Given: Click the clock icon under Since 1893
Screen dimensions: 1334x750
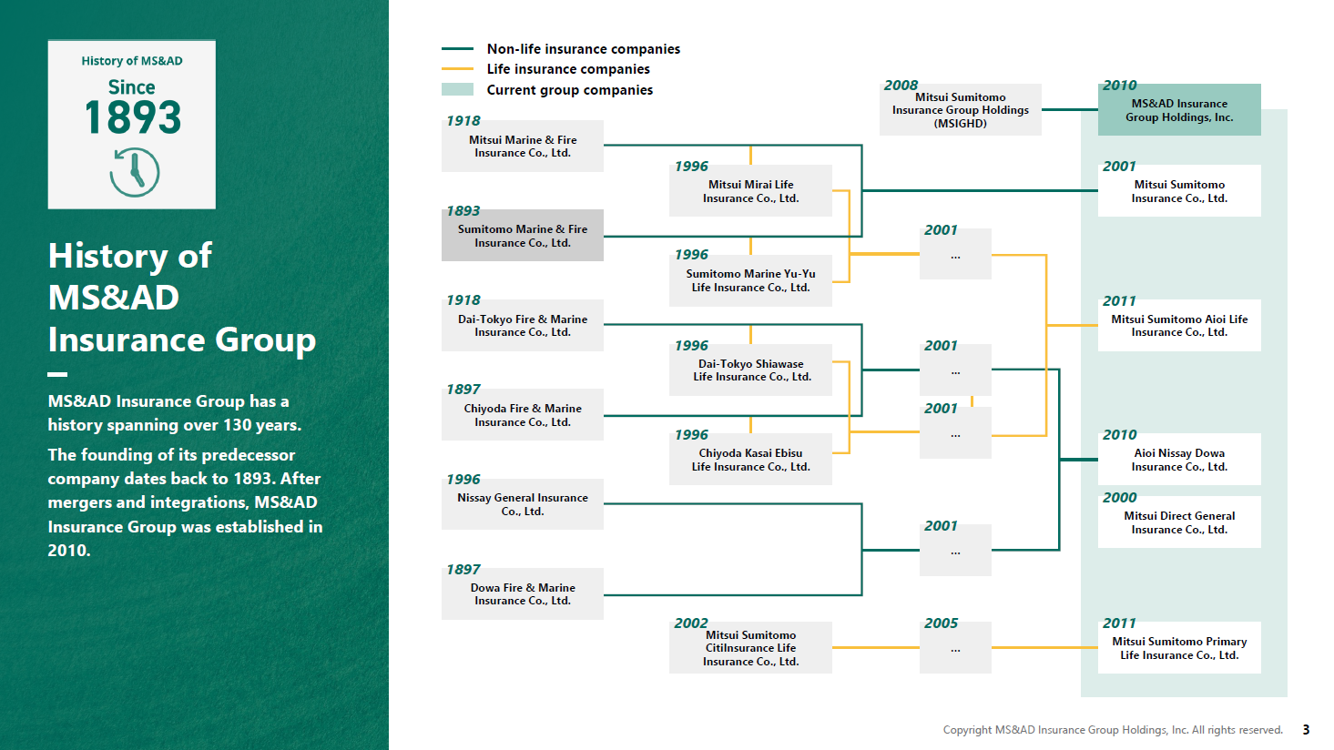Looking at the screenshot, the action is click(134, 172).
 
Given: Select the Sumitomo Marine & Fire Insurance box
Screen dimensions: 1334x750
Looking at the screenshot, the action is click(523, 235).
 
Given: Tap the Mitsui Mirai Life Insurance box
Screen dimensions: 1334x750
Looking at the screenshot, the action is click(750, 190).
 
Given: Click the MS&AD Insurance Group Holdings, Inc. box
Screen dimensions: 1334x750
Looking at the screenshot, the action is click(1179, 110).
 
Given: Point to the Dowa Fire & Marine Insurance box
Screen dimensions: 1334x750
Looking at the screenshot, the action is click(523, 594).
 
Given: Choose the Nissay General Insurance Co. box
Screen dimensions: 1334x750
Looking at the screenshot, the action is click(523, 504).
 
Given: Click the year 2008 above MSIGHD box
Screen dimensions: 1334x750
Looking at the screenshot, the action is click(901, 86).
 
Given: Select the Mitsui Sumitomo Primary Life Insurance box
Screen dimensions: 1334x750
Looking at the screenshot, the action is click(1179, 648).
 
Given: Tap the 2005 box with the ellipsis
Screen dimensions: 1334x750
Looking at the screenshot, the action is click(955, 648).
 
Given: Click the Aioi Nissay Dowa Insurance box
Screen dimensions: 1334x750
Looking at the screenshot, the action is click(1179, 460).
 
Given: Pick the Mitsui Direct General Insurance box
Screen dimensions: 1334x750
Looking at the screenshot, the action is click(1179, 522).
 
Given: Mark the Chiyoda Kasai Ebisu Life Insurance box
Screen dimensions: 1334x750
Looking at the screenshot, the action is click(750, 460).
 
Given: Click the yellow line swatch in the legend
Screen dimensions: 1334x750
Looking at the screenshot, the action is click(457, 69).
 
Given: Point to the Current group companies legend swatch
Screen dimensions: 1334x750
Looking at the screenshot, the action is click(457, 89).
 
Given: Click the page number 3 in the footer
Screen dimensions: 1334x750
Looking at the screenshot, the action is click(1306, 730).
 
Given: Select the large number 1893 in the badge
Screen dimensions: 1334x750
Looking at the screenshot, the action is click(132, 117).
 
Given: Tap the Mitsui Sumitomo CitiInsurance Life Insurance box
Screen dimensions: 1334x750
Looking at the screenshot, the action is click(750, 648).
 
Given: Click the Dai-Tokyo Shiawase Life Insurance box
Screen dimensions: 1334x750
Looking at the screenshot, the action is click(750, 370).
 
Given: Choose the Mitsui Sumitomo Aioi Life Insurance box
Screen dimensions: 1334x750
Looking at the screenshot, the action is click(1179, 325).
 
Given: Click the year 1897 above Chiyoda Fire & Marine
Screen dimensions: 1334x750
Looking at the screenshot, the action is click(463, 390).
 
